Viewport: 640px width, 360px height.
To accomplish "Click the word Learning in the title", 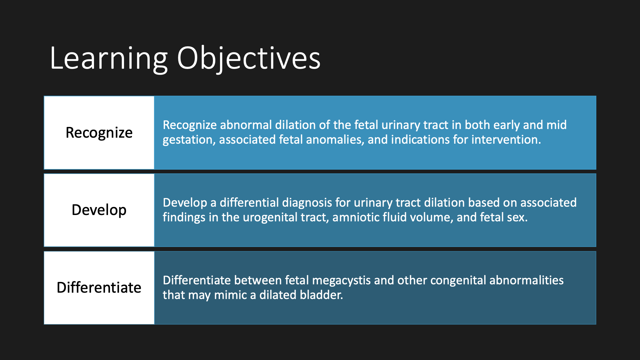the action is (109, 59).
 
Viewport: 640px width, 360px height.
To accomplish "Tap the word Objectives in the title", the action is (249, 59).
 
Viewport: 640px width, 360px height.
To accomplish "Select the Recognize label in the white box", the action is (99, 133).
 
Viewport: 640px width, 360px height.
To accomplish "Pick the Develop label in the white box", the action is (99, 210).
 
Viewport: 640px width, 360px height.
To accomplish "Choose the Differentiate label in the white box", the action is (99, 287).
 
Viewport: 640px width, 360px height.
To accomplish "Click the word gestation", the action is (189, 140).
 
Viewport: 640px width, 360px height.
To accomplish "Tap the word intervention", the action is (506, 140).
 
